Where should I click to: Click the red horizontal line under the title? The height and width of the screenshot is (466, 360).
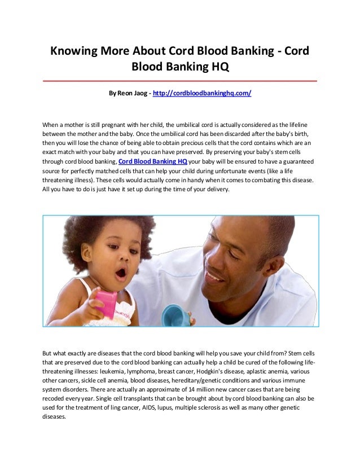[x=180, y=81]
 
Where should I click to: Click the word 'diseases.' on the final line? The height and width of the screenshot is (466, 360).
[x=54, y=417]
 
